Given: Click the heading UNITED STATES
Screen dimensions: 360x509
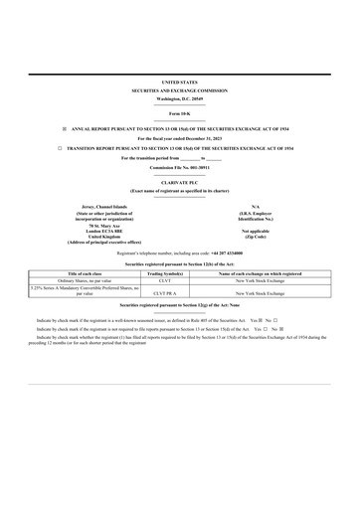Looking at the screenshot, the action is (179, 82).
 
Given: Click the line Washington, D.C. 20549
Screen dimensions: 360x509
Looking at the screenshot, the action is (179, 98).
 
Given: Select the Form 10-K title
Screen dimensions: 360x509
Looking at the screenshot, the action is (179, 116).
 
